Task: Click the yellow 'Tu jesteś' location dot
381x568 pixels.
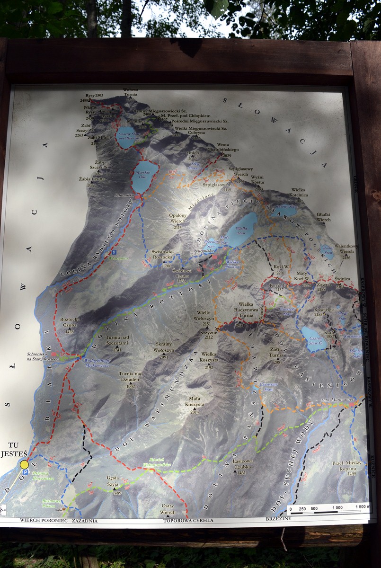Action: pos(24,464)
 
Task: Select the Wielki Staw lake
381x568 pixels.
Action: pos(243,229)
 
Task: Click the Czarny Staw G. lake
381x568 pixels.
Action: pos(313,339)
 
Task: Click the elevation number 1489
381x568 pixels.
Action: pos(117,493)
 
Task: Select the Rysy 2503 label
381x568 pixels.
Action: pos(94,95)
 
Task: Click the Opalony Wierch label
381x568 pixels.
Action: pos(178,218)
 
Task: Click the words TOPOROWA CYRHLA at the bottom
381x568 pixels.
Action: pos(188,520)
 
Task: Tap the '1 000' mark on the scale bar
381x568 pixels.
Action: pos(337,507)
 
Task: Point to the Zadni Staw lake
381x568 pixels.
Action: pos(328,250)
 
